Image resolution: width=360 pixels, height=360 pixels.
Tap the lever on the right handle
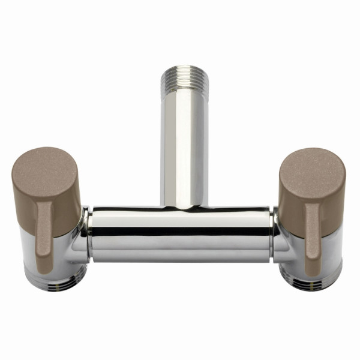pos(313,237)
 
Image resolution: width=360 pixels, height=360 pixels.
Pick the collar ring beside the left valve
pos(87,234)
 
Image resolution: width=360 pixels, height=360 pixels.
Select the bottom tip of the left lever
pos(43,269)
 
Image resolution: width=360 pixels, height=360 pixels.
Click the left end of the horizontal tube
pos(96,234)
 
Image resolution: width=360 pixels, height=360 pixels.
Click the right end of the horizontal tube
pos(267,234)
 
